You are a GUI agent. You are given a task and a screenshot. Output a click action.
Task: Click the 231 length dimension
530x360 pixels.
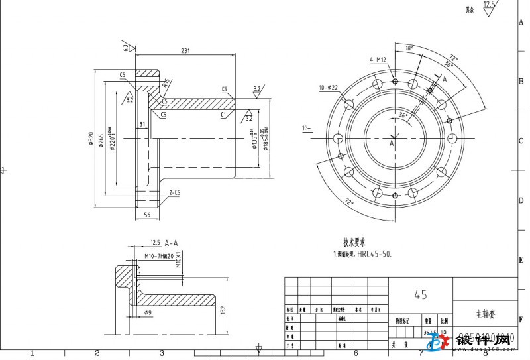[x=185, y=50]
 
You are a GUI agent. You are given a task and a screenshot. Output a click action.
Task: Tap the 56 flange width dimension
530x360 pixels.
[x=147, y=215]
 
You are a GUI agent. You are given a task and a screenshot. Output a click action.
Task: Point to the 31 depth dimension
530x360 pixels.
[x=141, y=124]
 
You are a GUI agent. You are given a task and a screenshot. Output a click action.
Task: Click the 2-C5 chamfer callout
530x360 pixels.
[x=176, y=192]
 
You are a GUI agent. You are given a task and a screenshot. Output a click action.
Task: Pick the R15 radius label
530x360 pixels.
[x=166, y=84]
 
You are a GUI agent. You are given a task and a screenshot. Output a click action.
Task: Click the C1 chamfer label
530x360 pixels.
[x=224, y=114]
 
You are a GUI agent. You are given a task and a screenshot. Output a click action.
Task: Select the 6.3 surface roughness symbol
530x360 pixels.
[x=126, y=48]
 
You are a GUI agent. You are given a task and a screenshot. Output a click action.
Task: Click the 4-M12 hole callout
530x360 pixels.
[x=378, y=60]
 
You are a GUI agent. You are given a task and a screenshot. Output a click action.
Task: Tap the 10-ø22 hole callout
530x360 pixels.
[x=328, y=88]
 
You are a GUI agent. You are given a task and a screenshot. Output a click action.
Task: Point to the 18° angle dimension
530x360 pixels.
[x=409, y=48]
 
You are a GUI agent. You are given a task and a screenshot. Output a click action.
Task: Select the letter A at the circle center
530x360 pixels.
[x=392, y=143]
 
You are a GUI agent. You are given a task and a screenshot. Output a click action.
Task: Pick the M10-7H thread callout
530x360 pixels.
[x=158, y=256]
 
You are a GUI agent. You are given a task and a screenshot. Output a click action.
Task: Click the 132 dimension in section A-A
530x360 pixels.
[x=223, y=310]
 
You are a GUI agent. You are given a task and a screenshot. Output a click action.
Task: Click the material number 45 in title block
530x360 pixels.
[x=420, y=294]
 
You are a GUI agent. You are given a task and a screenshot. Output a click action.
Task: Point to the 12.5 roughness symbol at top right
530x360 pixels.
[x=490, y=5]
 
